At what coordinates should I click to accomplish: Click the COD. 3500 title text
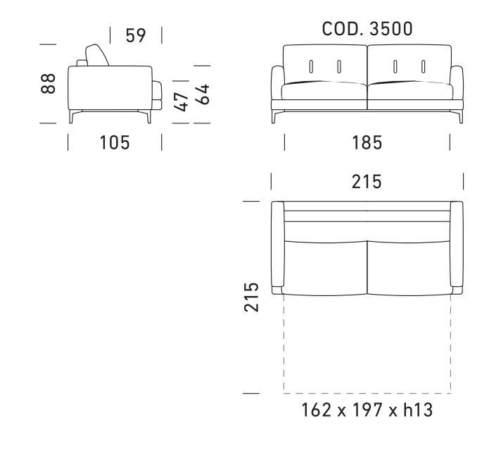tap(367, 29)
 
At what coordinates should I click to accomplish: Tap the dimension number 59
tap(136, 35)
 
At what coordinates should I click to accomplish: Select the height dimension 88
tap(48, 83)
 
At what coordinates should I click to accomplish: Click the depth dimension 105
tap(115, 142)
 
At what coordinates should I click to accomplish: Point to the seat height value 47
tap(181, 102)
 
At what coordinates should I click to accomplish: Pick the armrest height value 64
tap(202, 94)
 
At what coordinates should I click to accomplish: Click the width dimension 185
tap(367, 142)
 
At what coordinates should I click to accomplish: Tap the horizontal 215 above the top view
tap(367, 182)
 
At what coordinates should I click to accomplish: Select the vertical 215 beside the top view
tap(251, 297)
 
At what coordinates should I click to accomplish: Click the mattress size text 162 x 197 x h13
tap(367, 410)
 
